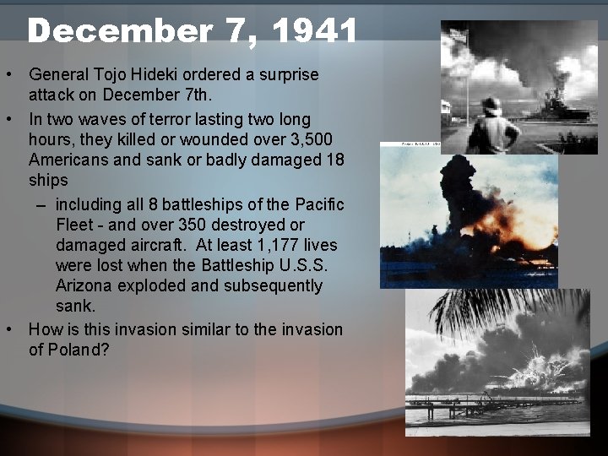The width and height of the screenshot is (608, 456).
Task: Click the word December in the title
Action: (x=118, y=31)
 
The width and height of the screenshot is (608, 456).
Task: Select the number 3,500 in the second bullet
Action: (x=317, y=139)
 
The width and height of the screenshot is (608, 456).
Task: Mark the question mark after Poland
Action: (x=105, y=350)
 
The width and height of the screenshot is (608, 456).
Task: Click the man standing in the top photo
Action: (x=491, y=127)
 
